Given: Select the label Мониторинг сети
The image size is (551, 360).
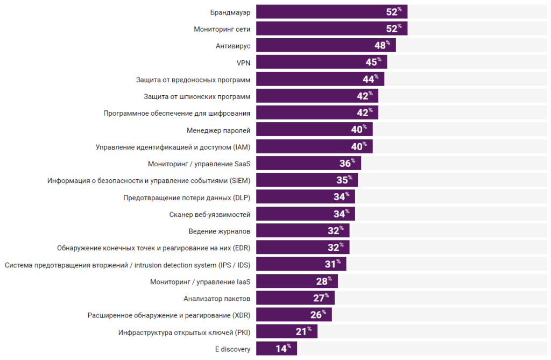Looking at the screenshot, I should pos(222,29).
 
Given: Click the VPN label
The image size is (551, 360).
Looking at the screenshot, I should pos(243,62).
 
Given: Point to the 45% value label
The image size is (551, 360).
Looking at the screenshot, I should pos(373,62).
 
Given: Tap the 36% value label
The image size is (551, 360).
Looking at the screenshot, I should pos(347,163).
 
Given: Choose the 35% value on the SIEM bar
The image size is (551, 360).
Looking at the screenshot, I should pos(344,180).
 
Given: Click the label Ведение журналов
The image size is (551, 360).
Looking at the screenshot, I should pos(220,231).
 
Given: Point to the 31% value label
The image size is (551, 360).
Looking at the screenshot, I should pos(333,264).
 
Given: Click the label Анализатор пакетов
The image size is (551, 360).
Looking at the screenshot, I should pos(217,298).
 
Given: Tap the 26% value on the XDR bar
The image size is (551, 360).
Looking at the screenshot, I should pos(318,314).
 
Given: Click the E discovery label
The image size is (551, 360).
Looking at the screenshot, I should pos(232,349).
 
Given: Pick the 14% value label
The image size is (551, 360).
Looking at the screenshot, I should pos(283,348).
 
